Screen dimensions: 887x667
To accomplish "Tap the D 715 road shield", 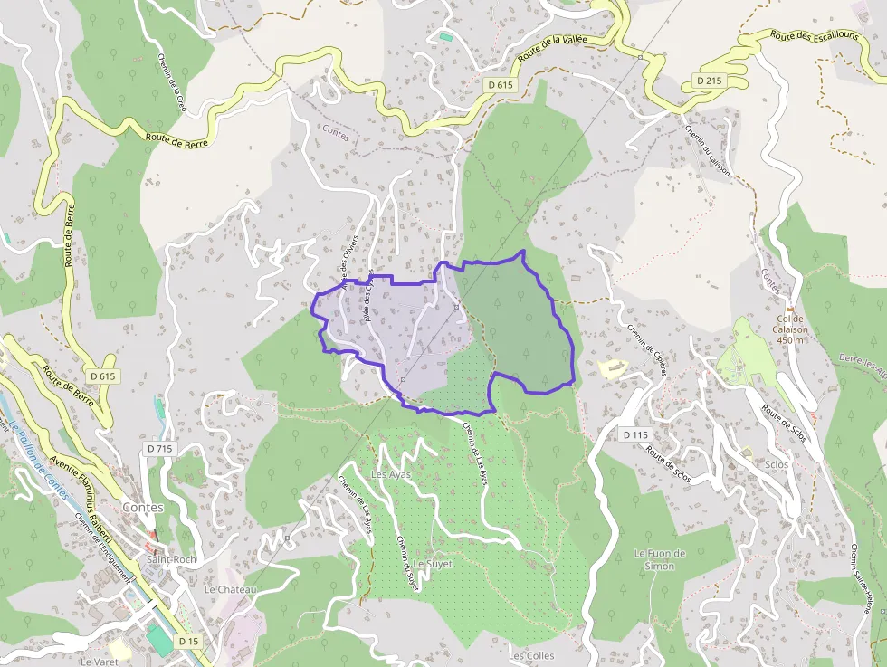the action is [158, 449].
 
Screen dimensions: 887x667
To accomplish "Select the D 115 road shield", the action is [636, 435].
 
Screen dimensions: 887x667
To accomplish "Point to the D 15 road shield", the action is [188, 641].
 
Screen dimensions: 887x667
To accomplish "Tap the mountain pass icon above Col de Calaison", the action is [789, 307].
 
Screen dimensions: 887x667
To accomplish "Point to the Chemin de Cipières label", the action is [647, 344].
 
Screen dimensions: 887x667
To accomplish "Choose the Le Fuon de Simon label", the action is [660, 559].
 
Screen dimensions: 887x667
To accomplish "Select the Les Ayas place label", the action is [391, 474].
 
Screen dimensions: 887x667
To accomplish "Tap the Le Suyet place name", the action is [433, 563].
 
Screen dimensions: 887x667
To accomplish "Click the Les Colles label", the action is [531, 655].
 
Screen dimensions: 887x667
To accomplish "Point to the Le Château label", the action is [231, 589].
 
